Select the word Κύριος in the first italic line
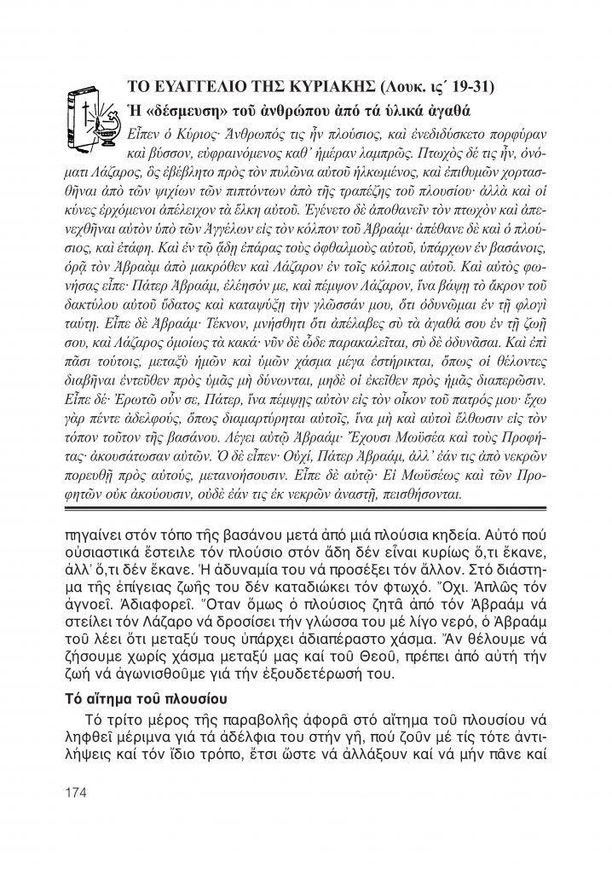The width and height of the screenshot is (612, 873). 197,136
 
